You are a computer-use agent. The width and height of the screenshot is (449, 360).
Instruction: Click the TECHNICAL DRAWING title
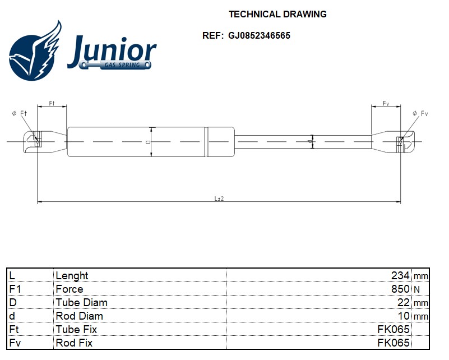(277, 14)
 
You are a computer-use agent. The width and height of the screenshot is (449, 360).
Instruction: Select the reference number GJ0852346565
(259, 35)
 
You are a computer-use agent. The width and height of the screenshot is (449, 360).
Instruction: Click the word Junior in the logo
(112, 52)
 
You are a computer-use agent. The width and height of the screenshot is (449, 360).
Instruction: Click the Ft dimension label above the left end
(52, 103)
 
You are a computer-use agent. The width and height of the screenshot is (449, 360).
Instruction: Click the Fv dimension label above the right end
(386, 103)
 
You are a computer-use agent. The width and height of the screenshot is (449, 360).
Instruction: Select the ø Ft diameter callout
(20, 113)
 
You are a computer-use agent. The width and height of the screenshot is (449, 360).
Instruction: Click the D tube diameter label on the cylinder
(147, 142)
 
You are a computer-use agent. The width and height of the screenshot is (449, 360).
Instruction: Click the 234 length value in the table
(400, 276)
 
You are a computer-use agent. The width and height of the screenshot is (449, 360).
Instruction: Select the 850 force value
(400, 289)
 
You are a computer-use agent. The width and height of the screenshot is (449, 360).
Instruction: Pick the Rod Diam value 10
(404, 316)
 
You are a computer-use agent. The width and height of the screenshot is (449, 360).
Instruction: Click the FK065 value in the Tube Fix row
(393, 329)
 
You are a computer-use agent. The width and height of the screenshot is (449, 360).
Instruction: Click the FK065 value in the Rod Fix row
(393, 343)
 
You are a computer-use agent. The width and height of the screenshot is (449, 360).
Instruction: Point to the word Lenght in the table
(72, 276)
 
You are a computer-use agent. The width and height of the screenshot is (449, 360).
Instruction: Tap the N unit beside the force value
(416, 289)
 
